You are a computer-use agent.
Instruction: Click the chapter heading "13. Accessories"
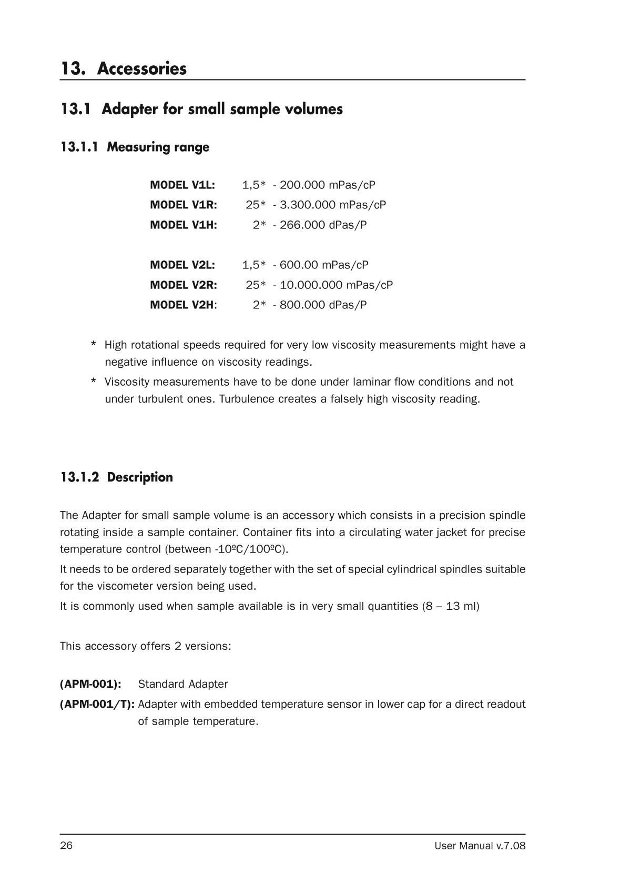[123, 68]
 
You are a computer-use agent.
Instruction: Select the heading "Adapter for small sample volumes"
[201, 109]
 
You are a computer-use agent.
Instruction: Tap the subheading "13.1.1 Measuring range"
[135, 147]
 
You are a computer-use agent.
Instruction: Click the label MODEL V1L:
[182, 185]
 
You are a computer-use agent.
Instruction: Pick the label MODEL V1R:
[184, 205]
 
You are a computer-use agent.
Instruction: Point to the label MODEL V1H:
[184, 225]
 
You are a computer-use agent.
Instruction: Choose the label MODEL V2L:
[182, 265]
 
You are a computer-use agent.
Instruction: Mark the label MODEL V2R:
[184, 285]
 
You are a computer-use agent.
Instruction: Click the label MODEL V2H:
[184, 305]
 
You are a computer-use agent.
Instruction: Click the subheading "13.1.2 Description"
[116, 477]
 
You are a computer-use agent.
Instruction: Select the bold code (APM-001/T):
[97, 704]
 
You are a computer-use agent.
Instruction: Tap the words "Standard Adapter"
[183, 684]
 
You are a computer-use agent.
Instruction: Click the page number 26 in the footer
[66, 846]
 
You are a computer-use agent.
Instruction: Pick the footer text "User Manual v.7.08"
[480, 846]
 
